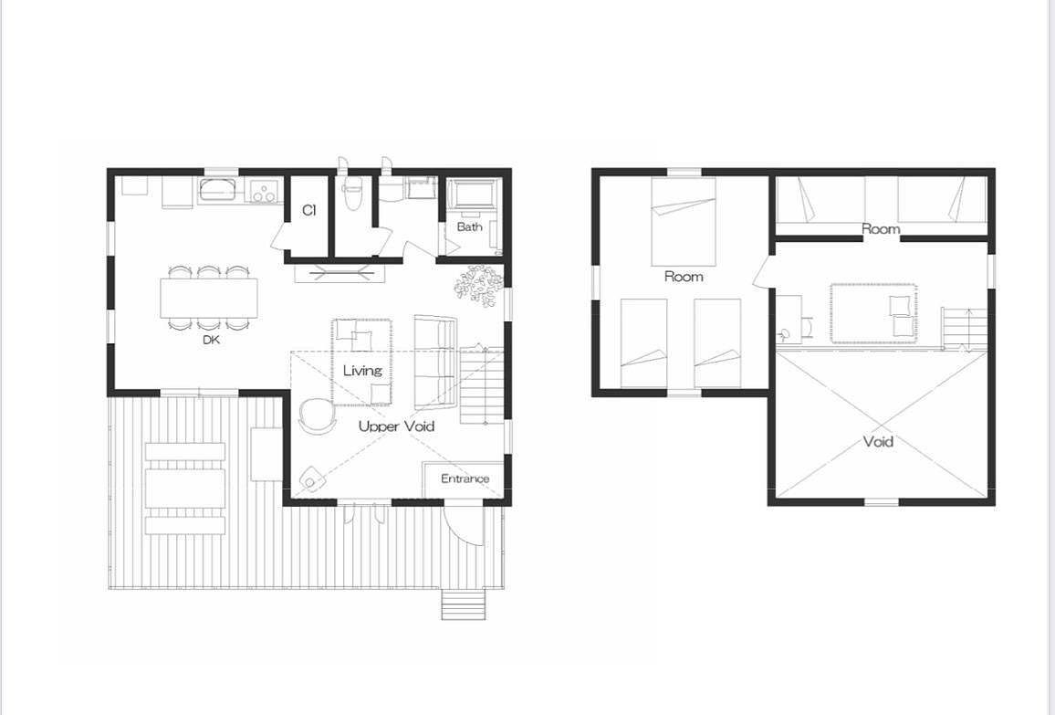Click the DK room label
(211, 340)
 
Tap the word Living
(362, 371)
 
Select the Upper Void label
(396, 426)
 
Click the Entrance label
(465, 478)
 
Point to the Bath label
(470, 226)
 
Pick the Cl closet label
(308, 210)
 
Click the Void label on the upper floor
(878, 442)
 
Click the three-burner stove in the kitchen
(263, 191)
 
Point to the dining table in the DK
(209, 298)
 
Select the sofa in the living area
(435, 363)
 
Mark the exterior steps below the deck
(464, 604)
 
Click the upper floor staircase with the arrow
(964, 329)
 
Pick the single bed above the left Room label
(683, 222)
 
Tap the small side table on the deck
(266, 454)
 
